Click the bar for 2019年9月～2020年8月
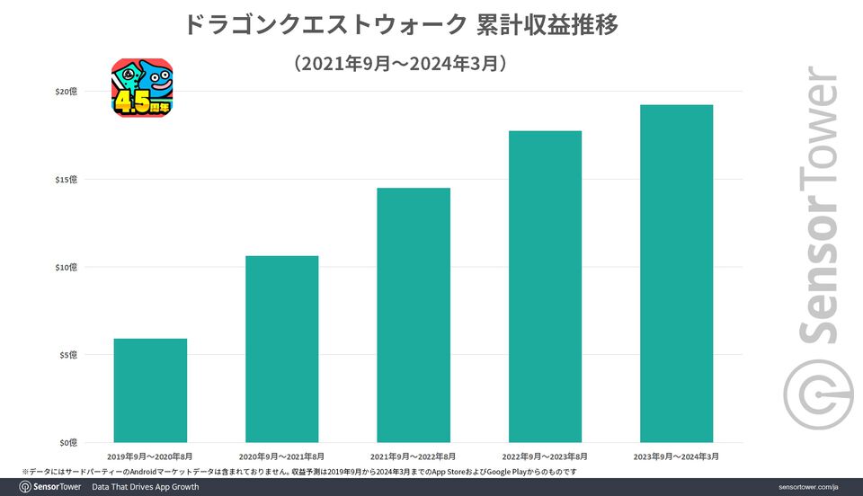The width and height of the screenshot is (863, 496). click(150, 390)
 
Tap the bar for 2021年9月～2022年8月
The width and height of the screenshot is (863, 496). click(414, 314)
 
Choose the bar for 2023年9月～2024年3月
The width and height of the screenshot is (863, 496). click(676, 273)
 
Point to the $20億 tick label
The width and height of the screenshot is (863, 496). click(66, 92)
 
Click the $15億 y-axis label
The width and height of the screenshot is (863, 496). click(66, 180)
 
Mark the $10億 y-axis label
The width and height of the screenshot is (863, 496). click(66, 267)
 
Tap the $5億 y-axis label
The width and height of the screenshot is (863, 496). click(67, 355)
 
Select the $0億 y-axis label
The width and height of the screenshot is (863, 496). click(67, 442)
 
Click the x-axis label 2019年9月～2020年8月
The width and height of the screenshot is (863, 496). click(150, 456)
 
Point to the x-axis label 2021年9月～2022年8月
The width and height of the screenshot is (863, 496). click(414, 456)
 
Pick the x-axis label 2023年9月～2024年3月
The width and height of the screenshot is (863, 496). click(676, 456)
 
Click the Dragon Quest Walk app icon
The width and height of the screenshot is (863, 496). click(142, 88)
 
